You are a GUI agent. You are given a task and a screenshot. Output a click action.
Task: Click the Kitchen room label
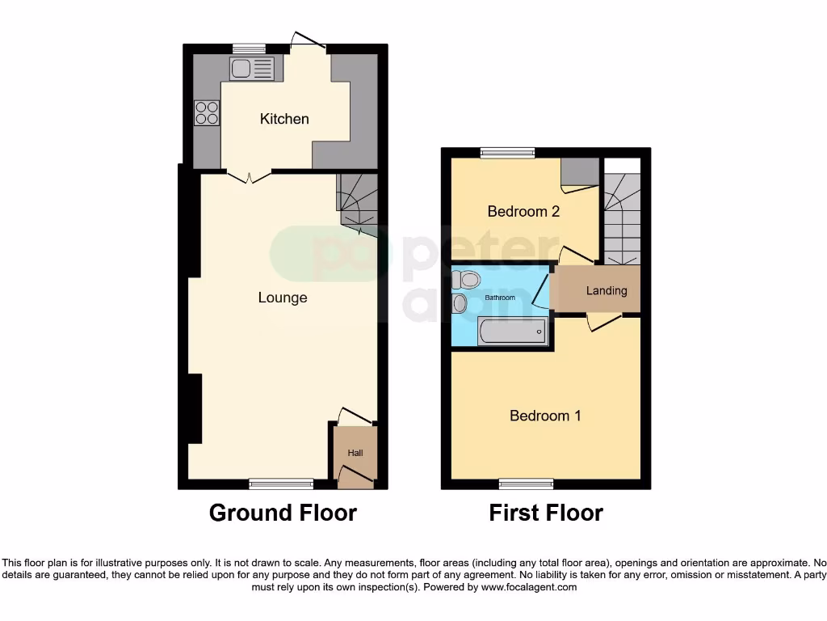[284, 119]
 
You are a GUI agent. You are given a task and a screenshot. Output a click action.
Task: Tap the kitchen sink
[252, 69]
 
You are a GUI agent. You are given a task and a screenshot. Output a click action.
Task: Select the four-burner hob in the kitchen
[208, 112]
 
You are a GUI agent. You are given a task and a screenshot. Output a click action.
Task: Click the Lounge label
[283, 298]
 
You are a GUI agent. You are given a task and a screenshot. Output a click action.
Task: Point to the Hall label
[355, 454]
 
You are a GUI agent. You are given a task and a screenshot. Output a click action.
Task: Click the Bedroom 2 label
[523, 212]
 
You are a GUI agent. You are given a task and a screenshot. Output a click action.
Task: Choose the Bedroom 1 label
[545, 416]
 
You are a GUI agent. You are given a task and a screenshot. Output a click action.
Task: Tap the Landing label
[607, 291]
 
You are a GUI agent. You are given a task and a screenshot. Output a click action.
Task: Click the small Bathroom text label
[500, 298]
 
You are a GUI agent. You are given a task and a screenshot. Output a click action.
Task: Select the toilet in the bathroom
[467, 280]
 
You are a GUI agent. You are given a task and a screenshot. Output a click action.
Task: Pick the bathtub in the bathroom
[512, 332]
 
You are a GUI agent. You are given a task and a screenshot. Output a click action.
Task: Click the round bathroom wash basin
[460, 304]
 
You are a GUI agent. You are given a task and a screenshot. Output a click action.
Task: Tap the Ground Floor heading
[283, 513]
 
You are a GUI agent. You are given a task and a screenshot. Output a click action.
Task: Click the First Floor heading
[546, 513]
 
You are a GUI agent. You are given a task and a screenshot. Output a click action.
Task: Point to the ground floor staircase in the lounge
[356, 202]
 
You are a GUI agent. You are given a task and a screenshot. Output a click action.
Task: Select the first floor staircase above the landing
[622, 218]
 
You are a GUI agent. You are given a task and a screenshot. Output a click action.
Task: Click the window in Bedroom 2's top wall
[508, 151]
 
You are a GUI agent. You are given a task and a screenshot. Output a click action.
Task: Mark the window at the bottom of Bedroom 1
[526, 484]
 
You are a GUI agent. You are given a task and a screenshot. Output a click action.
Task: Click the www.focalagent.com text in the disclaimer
[528, 587]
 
